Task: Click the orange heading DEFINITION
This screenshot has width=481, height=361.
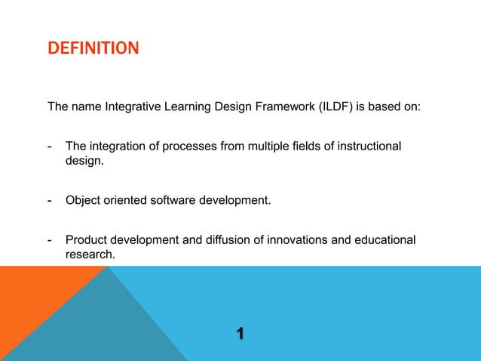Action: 93,49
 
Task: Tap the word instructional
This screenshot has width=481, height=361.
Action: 368,146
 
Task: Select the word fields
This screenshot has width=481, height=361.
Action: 314,146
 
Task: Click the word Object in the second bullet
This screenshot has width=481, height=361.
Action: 83,200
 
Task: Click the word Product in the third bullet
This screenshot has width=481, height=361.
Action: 87,240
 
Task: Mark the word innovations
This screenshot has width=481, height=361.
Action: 302,240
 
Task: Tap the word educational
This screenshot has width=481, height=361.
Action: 385,240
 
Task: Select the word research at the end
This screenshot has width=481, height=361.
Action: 90,255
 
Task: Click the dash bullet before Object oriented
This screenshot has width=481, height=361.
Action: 49,200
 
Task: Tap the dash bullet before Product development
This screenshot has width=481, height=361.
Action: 49,240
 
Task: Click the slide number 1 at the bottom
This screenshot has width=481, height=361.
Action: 240,333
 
